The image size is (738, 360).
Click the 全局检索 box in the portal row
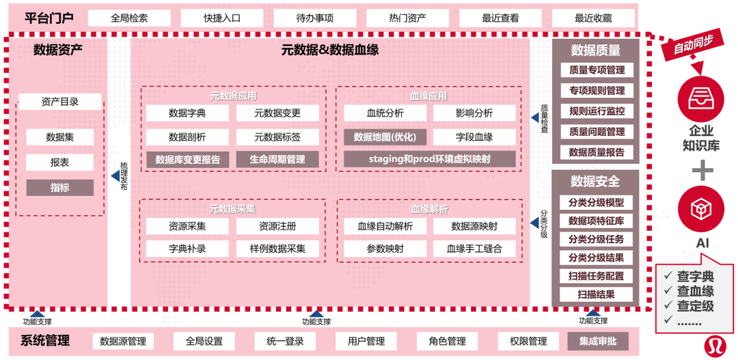tap(129, 18)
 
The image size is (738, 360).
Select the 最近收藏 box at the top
tap(593, 18)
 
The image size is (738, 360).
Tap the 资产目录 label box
tap(59, 102)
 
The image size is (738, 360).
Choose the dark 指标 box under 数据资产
tap(59, 187)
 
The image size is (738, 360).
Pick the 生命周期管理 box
tap(277, 160)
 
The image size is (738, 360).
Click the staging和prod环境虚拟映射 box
tap(429, 159)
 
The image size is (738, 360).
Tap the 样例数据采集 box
tap(277, 249)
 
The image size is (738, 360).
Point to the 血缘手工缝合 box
tap(474, 249)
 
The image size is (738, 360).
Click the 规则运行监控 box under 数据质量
tap(596, 111)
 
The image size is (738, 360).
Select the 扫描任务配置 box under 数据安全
tap(596, 276)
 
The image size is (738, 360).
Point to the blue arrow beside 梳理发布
tap(115, 176)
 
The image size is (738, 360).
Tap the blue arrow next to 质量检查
tap(534, 118)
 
